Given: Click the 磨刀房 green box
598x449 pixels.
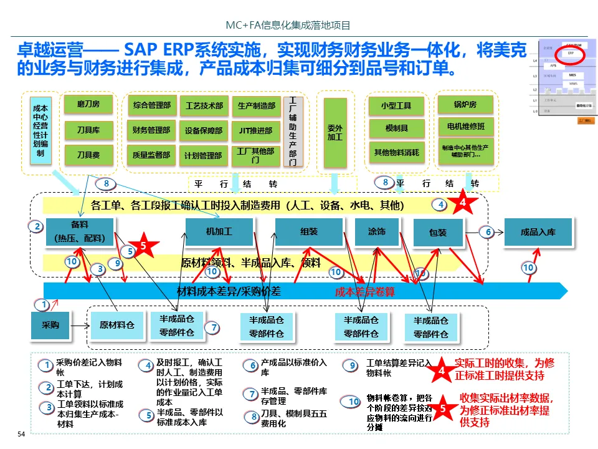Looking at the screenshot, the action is (88, 104).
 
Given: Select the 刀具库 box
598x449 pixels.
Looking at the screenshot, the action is (88, 130).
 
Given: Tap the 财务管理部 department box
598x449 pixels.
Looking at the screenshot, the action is (151, 130).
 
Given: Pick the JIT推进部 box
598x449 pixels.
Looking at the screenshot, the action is (256, 130).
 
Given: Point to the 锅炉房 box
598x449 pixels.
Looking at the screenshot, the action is (465, 104).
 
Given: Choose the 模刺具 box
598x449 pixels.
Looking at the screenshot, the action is (397, 128).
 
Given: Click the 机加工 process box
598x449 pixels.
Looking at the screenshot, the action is (219, 232).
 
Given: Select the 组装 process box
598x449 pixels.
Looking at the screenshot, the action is (309, 232).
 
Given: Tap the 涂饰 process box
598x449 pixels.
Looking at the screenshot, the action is (377, 232).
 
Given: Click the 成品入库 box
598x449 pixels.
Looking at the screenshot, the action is (538, 233).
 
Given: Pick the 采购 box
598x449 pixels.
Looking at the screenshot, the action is (50, 326).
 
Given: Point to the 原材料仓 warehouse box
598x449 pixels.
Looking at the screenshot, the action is (117, 325).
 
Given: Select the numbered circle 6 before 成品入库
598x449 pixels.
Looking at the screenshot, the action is (488, 232).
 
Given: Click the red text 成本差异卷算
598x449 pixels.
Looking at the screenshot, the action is (365, 291).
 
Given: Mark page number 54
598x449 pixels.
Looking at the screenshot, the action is (21, 434).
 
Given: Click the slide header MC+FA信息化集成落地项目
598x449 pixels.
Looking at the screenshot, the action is (288, 26).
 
